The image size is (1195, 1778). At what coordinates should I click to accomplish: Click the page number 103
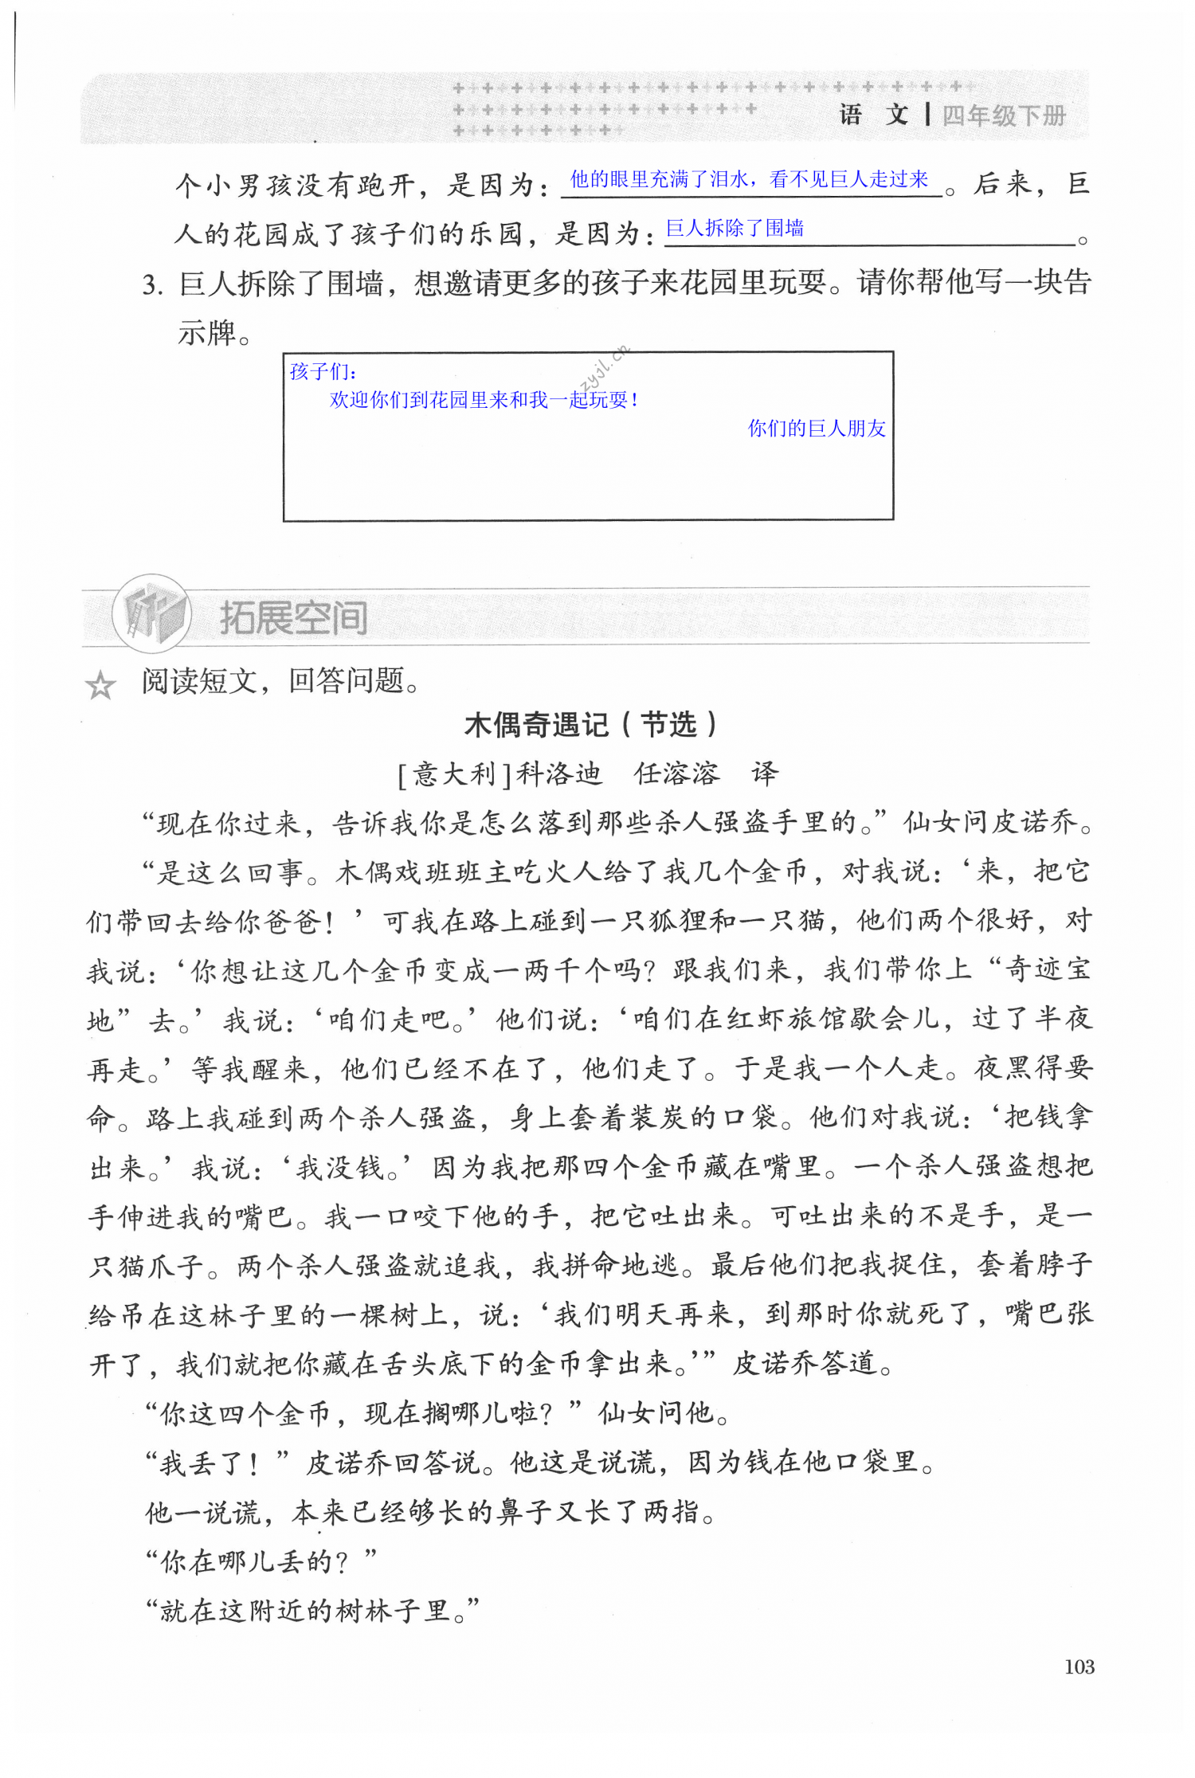tap(1079, 1666)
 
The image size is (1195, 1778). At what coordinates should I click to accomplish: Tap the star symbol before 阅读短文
tap(101, 685)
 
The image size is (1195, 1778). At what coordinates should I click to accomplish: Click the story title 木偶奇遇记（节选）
tap(591, 725)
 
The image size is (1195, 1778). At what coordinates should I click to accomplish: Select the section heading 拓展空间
tap(293, 617)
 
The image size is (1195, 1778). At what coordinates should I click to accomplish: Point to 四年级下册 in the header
tap(1004, 116)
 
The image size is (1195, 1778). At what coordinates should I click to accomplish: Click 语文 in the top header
tap(874, 115)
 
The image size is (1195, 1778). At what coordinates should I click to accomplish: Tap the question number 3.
tap(152, 284)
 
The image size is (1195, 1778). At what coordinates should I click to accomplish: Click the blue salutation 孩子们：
tap(323, 371)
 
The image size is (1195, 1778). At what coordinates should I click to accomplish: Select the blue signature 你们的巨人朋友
tap(817, 429)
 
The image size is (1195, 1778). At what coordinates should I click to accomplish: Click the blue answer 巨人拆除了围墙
tap(735, 229)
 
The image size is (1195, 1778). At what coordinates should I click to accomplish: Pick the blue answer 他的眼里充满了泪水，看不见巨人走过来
tap(749, 180)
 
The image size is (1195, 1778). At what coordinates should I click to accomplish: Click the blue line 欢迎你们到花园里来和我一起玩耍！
tap(484, 400)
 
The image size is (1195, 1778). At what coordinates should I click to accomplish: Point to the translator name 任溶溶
tap(676, 773)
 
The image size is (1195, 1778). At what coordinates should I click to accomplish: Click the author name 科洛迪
tap(559, 773)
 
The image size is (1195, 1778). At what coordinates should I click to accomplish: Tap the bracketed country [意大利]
tap(454, 773)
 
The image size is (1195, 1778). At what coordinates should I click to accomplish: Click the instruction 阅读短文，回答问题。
tap(280, 681)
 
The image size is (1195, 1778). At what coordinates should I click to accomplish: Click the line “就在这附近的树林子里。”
tap(312, 1611)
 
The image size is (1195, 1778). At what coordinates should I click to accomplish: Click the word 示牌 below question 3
tap(208, 332)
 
